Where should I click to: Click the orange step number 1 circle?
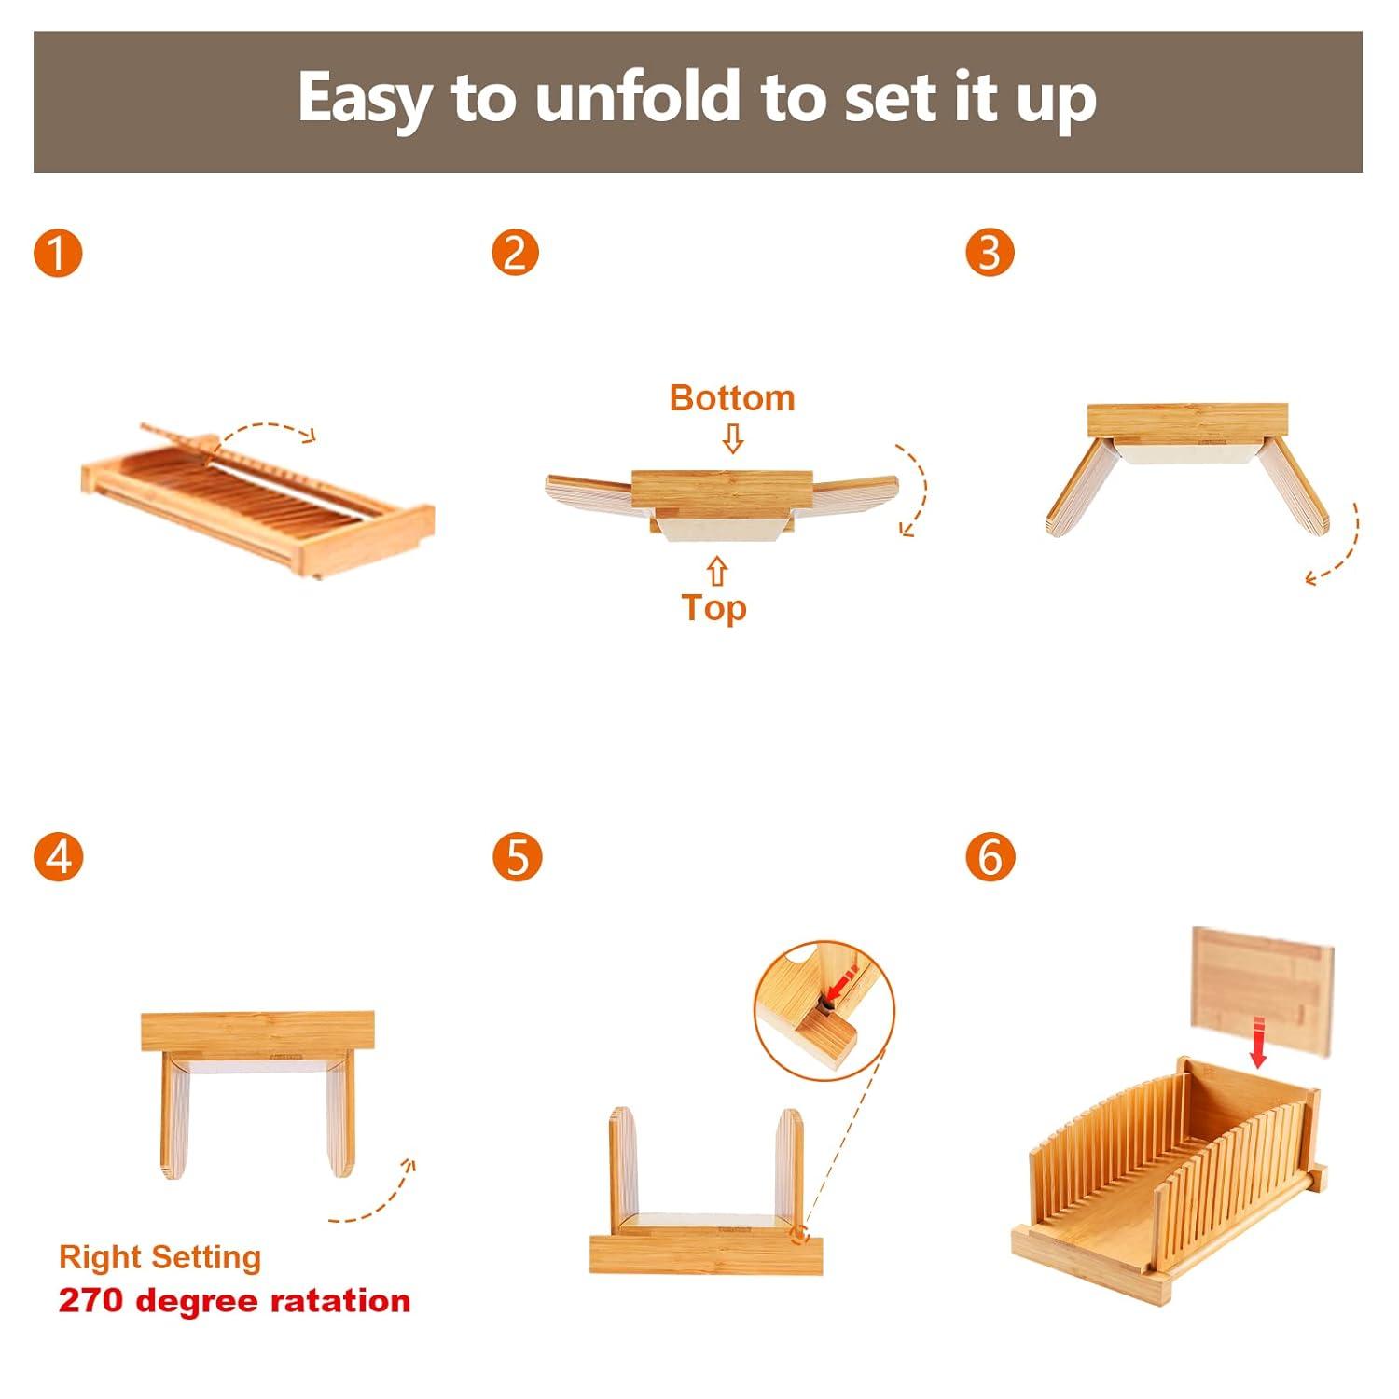58,253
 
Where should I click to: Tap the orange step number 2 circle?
516,253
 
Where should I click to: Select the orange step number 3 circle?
990,253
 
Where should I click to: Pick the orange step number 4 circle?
58,856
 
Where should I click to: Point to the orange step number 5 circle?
518,856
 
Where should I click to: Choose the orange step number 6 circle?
990,856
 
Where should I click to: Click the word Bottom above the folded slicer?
732,398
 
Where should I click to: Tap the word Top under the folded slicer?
714,608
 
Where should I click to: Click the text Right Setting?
159,1257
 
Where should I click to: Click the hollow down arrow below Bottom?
733,438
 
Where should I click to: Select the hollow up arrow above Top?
716,571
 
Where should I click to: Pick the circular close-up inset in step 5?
824,1011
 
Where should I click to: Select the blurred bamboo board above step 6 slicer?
1264,991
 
